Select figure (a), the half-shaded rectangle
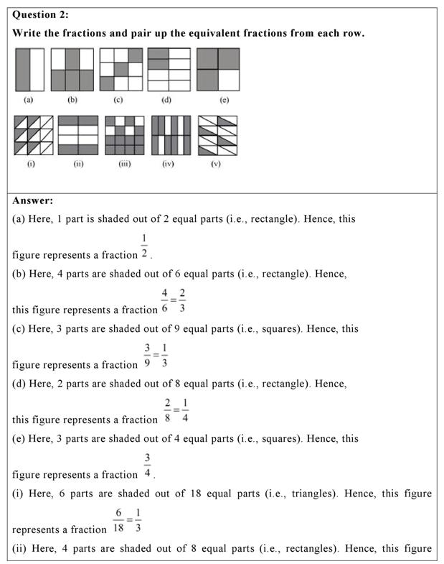29,69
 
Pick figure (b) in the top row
73,69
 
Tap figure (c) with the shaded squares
121,69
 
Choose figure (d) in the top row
169,69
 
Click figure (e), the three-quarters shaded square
218,69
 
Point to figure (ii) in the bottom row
77,135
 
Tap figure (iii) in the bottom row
124,135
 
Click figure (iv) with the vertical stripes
171,135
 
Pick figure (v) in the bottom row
217,135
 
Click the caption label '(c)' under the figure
118,100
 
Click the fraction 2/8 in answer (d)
168,410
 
